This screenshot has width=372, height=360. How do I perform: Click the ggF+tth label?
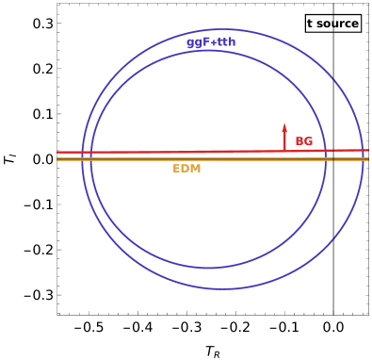pyautogui.click(x=211, y=42)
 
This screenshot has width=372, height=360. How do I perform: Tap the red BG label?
pyautogui.click(x=304, y=141)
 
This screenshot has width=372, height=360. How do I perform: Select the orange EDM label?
pyautogui.click(x=186, y=169)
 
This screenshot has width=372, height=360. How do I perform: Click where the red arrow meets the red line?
pyautogui.click(x=284, y=151)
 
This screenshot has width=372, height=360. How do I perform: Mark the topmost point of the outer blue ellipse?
pyautogui.click(x=222, y=29)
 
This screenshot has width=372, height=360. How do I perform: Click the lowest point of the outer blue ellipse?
pyautogui.click(x=222, y=288)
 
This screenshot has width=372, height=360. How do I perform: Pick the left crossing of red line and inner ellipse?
pyautogui.click(x=91, y=152)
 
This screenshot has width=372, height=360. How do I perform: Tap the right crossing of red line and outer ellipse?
pyautogui.click(x=363, y=150)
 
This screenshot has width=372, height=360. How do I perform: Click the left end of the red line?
pyautogui.click(x=57, y=152)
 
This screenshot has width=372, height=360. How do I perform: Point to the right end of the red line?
pyautogui.click(x=368, y=150)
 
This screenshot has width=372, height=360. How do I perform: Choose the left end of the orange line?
pyautogui.click(x=57, y=159)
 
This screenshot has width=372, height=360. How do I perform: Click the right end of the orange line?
pyautogui.click(x=368, y=159)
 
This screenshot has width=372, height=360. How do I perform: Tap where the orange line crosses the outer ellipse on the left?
pyautogui.click(x=82, y=159)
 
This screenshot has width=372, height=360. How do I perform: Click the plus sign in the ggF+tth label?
pyautogui.click(x=214, y=42)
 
